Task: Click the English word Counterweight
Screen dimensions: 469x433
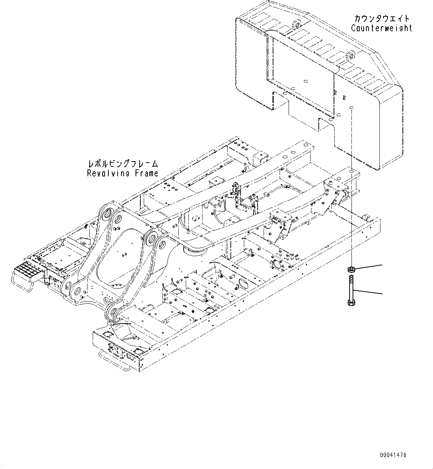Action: pos(382,28)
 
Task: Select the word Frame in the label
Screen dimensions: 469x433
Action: pos(146,173)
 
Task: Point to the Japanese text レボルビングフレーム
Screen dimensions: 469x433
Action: pos(122,164)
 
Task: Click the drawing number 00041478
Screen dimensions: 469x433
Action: pos(393,455)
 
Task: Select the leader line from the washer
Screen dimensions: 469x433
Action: pos(369,267)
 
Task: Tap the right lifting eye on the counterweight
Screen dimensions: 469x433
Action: pos(350,56)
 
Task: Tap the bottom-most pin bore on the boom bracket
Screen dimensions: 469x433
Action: pos(112,313)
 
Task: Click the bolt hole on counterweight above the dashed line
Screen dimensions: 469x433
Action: pos(351,107)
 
